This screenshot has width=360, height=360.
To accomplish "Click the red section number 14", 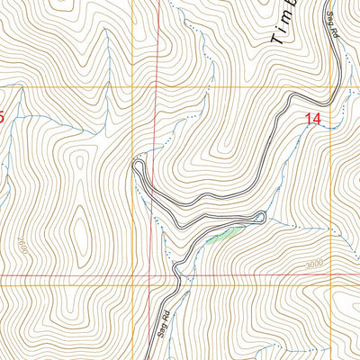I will click(x=313, y=118).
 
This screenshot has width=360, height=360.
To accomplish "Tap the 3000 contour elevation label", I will click(x=312, y=264).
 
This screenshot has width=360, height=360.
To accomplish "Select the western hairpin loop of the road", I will click(x=138, y=164).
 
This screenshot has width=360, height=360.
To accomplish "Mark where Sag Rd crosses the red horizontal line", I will click(x=175, y=274).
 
